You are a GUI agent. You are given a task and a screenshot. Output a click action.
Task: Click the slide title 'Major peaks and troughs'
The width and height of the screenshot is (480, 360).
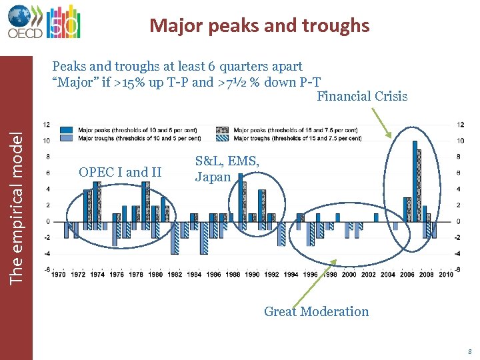point(259,25)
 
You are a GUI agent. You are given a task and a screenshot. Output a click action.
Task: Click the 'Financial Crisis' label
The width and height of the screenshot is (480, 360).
point(362,96)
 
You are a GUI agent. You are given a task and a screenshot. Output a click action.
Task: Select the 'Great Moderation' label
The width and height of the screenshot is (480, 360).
point(316,311)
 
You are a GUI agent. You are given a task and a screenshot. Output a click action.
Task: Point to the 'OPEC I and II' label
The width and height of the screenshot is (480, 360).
point(120,172)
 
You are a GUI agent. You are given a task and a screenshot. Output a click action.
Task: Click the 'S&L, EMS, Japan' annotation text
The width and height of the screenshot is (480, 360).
point(227,169)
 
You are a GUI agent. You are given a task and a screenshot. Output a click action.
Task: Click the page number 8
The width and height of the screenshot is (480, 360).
point(470,351)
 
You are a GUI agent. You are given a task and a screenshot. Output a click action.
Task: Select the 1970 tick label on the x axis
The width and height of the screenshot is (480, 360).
point(59,274)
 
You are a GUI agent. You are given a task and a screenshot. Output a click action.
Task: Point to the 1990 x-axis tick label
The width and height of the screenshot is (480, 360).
point(253,274)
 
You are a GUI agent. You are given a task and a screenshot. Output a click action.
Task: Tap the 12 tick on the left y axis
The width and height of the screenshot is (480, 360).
point(46,125)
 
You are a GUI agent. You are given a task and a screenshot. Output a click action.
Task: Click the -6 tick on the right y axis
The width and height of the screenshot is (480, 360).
point(460,269)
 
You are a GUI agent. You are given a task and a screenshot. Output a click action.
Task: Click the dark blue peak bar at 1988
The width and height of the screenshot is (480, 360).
point(241,197)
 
